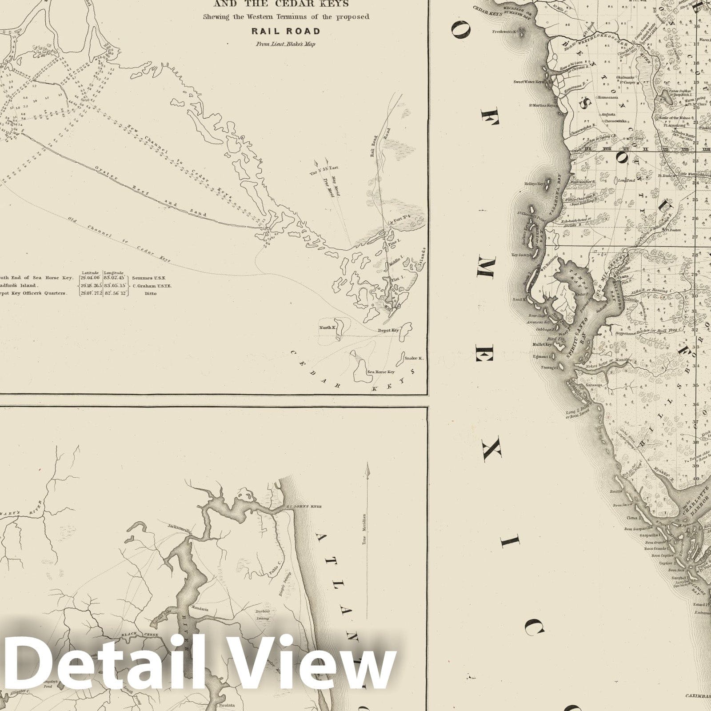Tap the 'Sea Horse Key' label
381,372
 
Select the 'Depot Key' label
388,331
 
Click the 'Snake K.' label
414,358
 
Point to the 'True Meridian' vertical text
363,529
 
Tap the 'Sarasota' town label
594,385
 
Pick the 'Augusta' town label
608,114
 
